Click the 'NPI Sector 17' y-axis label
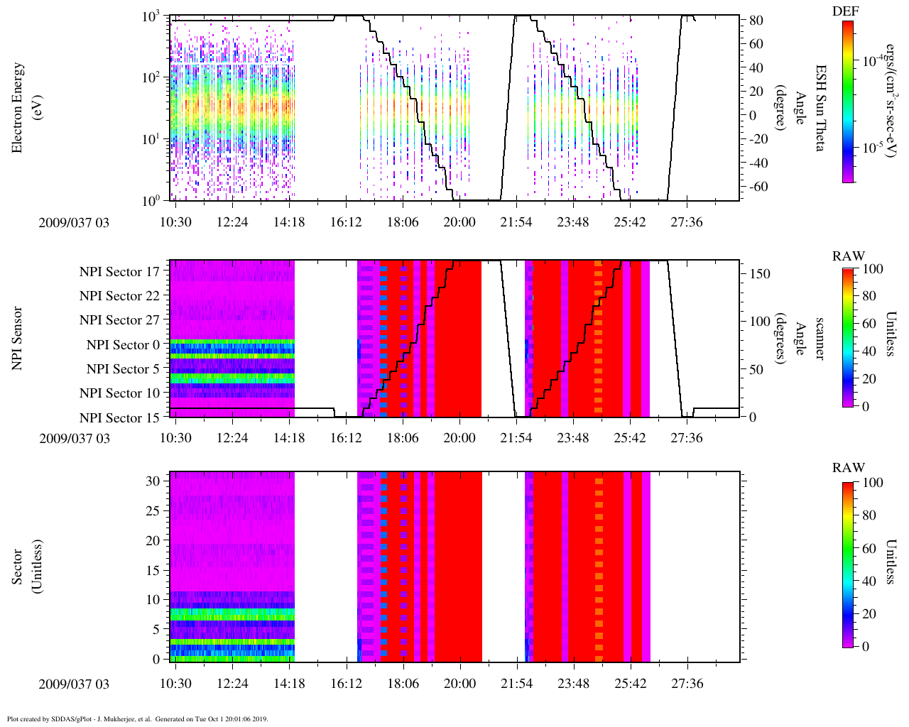point(119,271)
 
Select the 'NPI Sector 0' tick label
point(123,345)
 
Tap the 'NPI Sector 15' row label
point(119,417)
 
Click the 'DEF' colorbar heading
point(844,11)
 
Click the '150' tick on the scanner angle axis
point(761,273)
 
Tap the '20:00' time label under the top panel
point(459,222)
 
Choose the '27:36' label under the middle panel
point(686,438)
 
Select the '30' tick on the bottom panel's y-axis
point(153,481)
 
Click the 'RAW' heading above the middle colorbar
point(849,256)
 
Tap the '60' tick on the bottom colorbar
point(869,548)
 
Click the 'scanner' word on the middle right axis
point(820,338)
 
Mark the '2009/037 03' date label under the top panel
point(75,222)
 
